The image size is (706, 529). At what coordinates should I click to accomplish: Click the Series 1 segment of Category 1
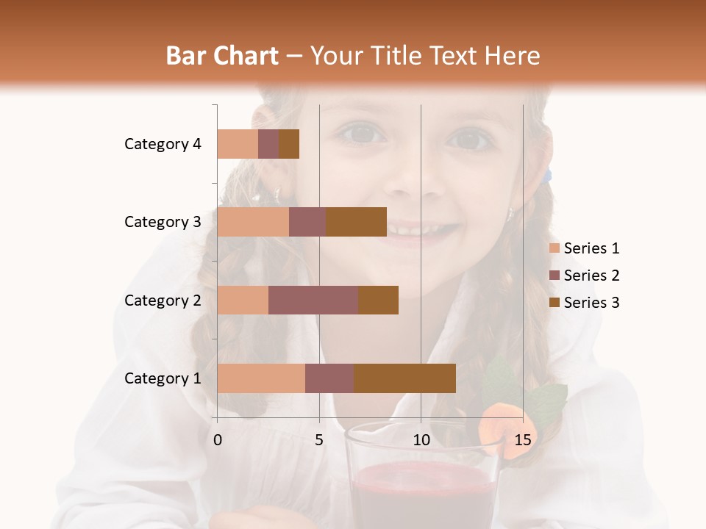pos(261,378)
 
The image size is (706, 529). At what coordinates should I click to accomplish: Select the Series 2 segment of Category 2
pos(313,300)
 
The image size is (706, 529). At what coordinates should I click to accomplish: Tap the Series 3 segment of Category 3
pos(356,222)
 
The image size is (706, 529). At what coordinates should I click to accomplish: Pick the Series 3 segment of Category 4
pos(289,144)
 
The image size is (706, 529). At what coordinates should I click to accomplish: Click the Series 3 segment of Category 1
pos(404,378)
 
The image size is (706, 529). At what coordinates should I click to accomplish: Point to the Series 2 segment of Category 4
pos(268,144)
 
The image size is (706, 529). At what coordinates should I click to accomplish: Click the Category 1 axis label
pos(163,378)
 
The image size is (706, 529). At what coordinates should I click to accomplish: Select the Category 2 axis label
pos(163,300)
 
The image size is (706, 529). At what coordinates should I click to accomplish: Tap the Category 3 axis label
pos(163,222)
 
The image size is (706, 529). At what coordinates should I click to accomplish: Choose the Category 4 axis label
pos(163,144)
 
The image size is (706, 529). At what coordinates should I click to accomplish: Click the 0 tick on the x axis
pos(218,440)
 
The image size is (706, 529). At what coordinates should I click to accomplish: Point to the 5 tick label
pos(319,440)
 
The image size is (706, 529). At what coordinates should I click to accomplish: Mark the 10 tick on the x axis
pos(421,440)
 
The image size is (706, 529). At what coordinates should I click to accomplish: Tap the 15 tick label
pos(523,440)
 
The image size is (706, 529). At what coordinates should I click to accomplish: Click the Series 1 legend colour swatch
pos(555,248)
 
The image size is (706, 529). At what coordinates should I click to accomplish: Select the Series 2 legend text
pos(591,276)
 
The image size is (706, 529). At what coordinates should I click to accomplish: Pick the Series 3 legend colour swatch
pos(555,303)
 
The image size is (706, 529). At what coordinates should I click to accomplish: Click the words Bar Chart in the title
pos(222,56)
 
